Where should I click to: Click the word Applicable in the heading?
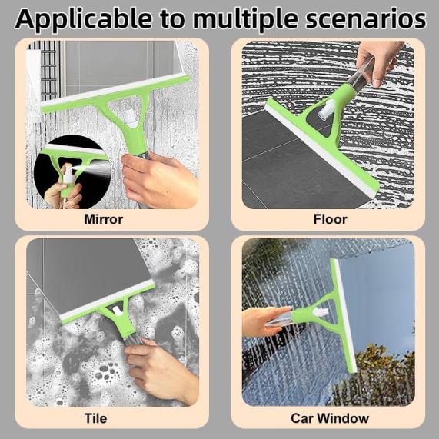[x=84, y=19]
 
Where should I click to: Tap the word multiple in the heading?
[x=244, y=19]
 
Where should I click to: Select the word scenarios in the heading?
[x=366, y=19]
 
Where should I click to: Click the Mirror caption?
[x=103, y=219]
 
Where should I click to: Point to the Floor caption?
[x=330, y=219]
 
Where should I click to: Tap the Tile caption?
[x=95, y=418]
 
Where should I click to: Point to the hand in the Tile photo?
[x=161, y=370]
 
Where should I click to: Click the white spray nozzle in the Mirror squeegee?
[x=130, y=118]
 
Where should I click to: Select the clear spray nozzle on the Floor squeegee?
[x=326, y=109]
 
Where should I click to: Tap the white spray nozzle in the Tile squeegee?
[x=117, y=311]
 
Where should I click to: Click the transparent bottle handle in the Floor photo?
[x=361, y=75]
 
